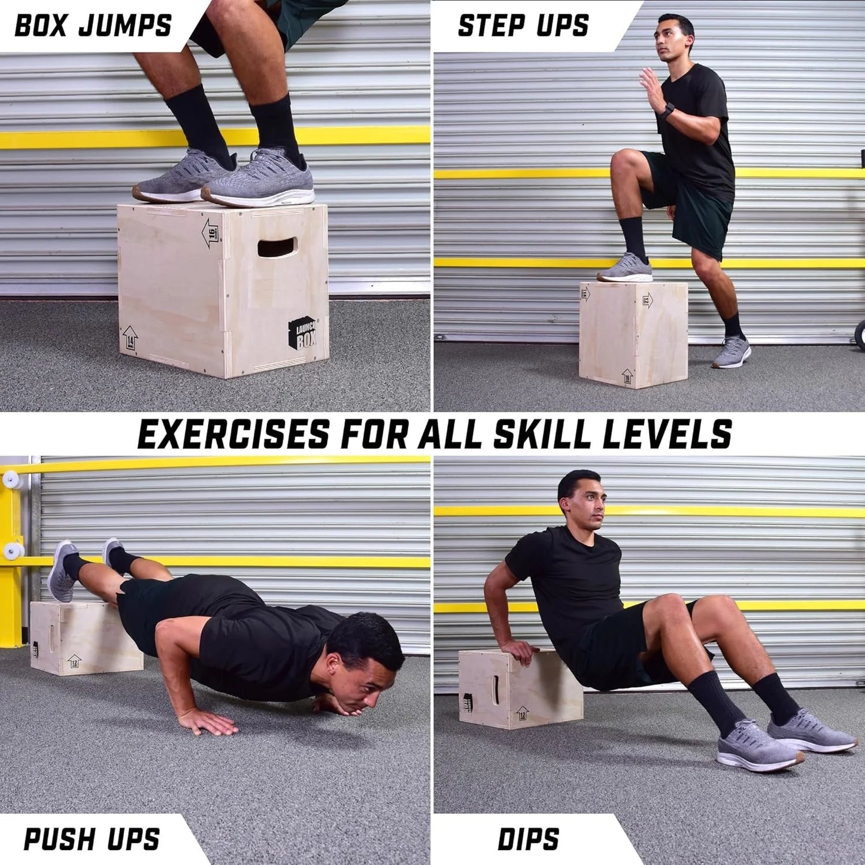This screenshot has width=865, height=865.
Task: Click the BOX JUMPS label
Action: pyautogui.click(x=93, y=25)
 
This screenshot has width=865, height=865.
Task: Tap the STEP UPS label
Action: pyautogui.click(x=523, y=25)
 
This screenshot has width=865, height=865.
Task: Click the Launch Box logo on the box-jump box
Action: pyautogui.click(x=303, y=333)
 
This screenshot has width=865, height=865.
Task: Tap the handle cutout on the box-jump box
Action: pyautogui.click(x=277, y=247)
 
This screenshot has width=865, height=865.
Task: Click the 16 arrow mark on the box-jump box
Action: pyautogui.click(x=211, y=233)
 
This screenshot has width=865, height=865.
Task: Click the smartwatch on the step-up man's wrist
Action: pyautogui.click(x=667, y=111)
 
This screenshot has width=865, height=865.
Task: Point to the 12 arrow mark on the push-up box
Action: pyautogui.click(x=74, y=661)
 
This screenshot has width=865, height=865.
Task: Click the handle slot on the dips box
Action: pyautogui.click(x=496, y=690)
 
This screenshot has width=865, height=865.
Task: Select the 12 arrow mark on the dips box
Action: pyautogui.click(x=522, y=713)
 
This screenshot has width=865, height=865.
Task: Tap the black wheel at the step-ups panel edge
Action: pyautogui.click(x=860, y=334)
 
